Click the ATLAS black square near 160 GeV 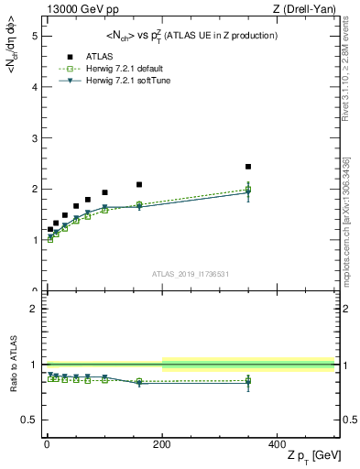pos(139,184)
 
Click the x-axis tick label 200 pos(163,444)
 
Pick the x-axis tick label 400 pos(277,444)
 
